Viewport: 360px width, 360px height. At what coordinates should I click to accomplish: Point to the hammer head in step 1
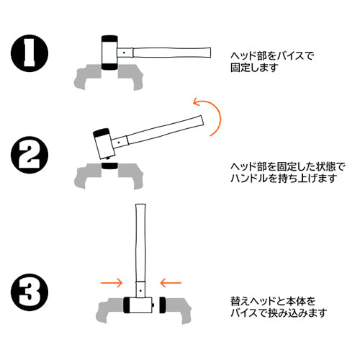110,52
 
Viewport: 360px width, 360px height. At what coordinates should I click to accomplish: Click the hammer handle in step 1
173,53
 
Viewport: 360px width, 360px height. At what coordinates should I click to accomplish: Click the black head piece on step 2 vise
110,166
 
